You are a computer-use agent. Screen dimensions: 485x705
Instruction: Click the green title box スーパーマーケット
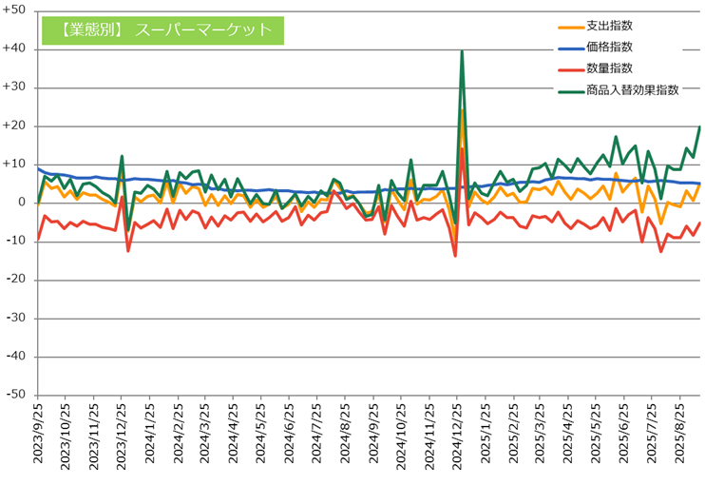162,29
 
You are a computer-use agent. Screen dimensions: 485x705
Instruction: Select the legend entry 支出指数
609,27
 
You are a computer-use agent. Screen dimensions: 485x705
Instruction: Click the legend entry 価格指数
609,47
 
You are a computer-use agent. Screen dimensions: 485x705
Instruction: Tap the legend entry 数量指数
609,68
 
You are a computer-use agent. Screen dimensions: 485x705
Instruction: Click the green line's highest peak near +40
462,51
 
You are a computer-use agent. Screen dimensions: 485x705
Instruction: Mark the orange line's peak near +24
462,109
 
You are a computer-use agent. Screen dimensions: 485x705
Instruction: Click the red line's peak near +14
462,148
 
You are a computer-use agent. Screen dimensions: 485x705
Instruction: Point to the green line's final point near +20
700,126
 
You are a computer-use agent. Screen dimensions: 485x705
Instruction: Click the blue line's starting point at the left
38,168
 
